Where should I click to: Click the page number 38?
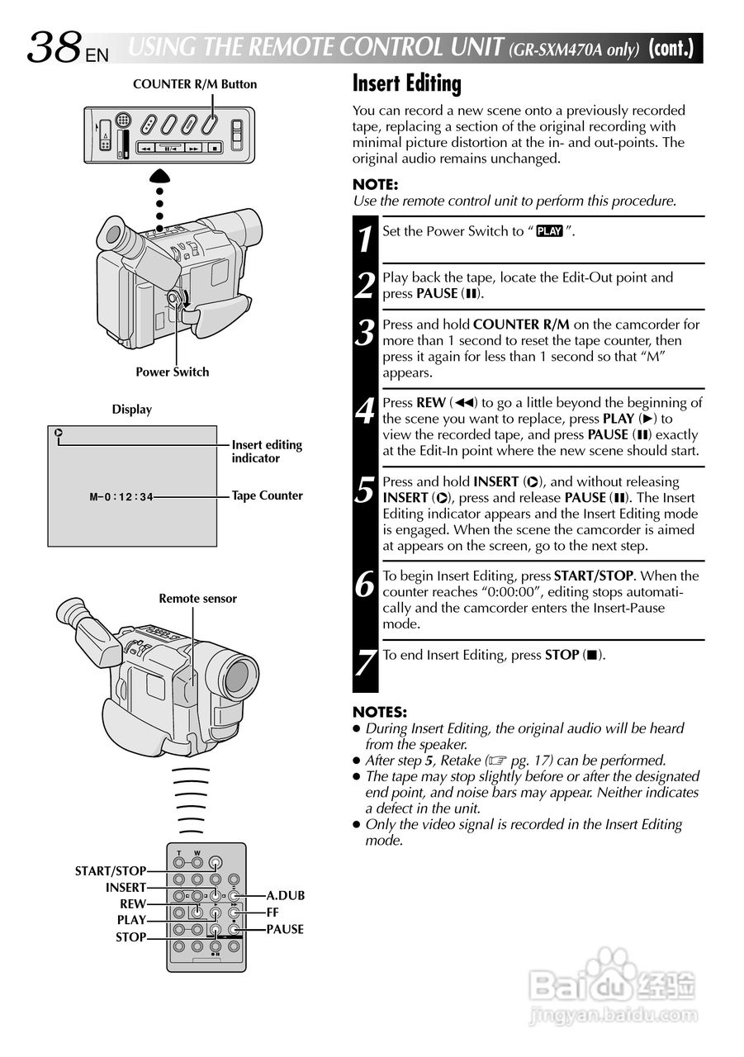pos(54,48)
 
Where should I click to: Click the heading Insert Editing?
pos(406,83)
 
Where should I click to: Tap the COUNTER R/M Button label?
pos(195,84)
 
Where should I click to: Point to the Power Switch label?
pos(173,372)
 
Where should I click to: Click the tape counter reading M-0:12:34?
pos(121,497)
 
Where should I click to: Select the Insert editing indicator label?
pos(267,451)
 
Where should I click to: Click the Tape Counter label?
pos(267,495)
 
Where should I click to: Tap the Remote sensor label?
pos(197,599)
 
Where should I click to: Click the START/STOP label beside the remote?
pos(111,870)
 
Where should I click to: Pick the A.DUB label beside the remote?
pos(285,895)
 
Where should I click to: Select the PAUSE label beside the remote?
pos(285,929)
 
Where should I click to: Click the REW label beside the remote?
pos(133,904)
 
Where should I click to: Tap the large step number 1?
pos(366,239)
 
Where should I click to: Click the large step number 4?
pos(366,410)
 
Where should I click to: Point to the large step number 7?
pos(366,662)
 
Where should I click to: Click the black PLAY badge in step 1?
pos(549,231)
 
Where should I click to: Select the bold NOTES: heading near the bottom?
pos(380,712)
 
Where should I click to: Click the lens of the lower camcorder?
pos(237,676)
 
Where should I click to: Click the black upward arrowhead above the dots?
pos(160,175)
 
